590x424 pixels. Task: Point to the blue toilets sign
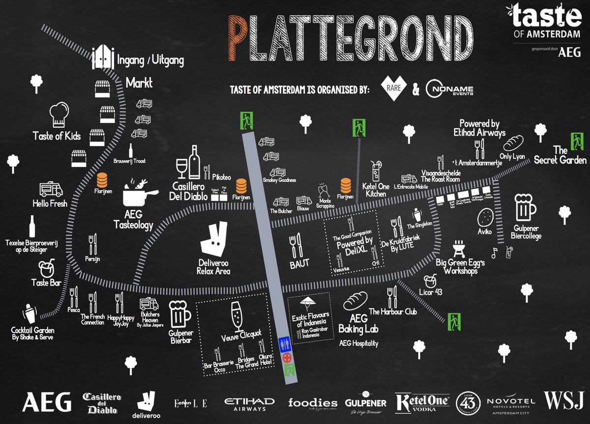tap(284, 343)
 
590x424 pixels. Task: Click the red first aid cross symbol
tap(286, 356)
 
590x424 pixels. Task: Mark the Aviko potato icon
tap(486, 216)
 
